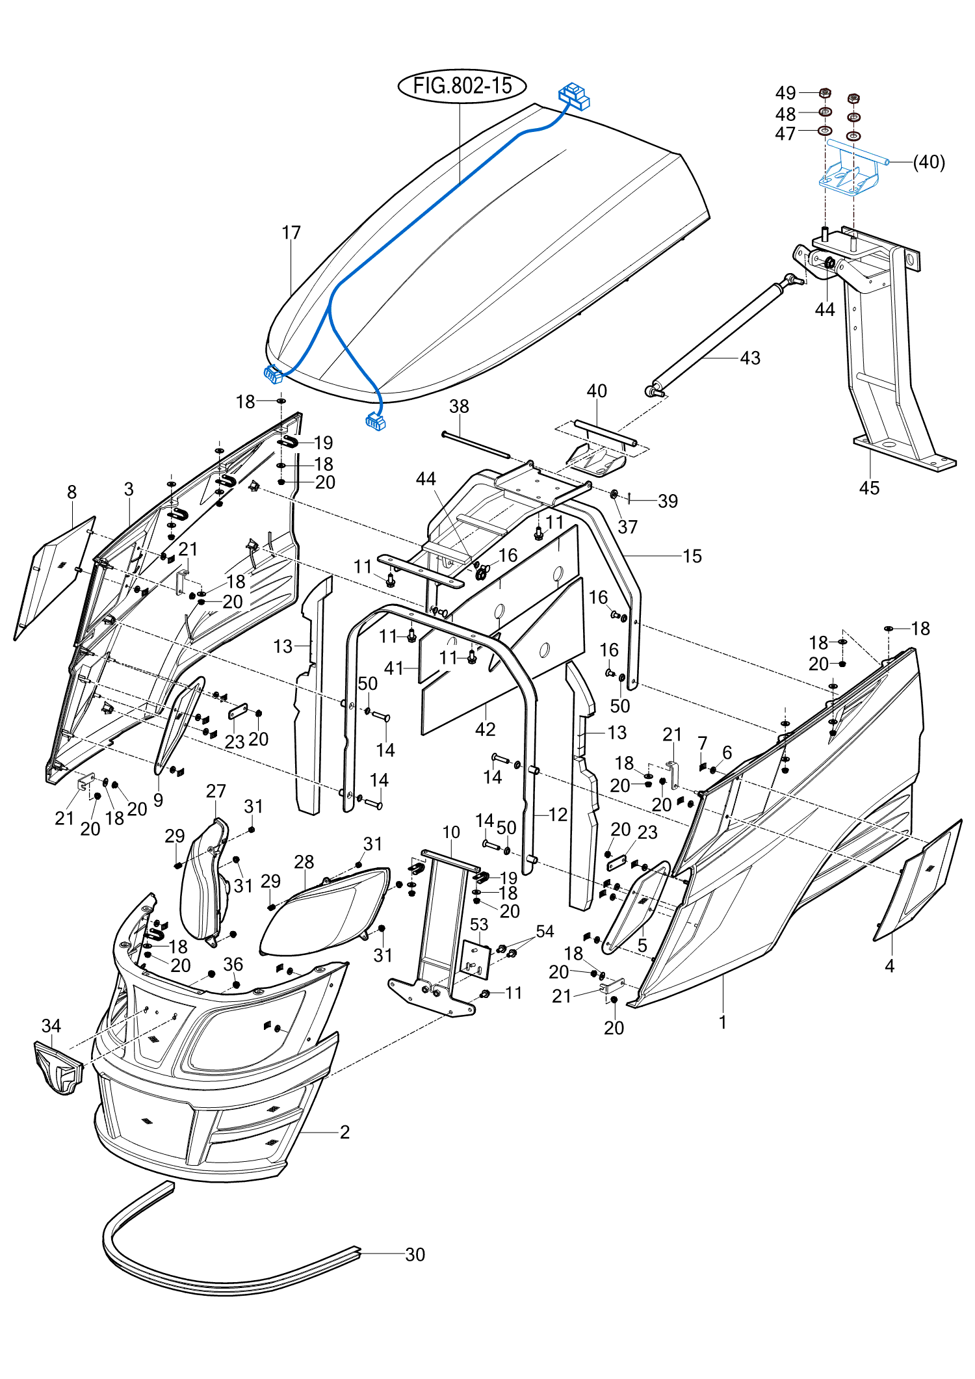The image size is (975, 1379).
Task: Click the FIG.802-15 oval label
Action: point(462,86)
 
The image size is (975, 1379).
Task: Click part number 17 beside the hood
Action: point(291,233)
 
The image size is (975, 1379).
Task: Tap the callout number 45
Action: point(869,488)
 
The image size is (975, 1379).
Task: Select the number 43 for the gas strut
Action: point(750,358)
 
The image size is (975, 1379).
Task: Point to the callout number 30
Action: point(415,1254)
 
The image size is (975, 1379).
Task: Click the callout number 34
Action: point(51,1026)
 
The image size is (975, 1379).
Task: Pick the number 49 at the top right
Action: point(785,93)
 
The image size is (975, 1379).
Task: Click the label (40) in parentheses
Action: point(929,162)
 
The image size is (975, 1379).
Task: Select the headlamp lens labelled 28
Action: point(325,910)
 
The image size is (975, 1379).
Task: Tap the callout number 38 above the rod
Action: point(459,406)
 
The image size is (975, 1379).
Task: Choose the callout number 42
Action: point(485,729)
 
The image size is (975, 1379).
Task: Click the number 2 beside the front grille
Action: point(344,1132)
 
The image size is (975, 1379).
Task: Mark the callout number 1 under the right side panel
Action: point(722,1022)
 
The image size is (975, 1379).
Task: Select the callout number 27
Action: point(216,791)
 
